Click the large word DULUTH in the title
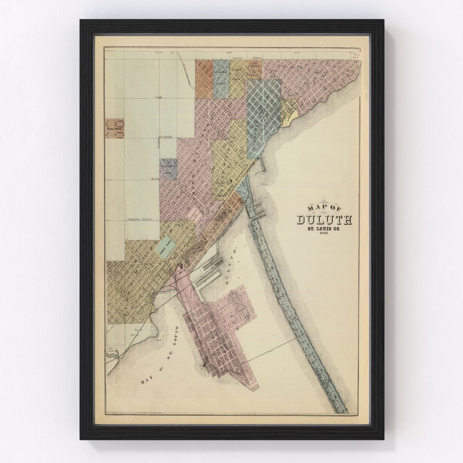click(x=325, y=219)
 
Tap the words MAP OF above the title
click(x=325, y=208)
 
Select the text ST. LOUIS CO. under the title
click(x=324, y=230)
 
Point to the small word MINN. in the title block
click(x=324, y=237)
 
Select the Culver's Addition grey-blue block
click(x=168, y=168)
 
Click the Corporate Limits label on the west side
click(x=140, y=219)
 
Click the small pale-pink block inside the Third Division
click(x=192, y=214)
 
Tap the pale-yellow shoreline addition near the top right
click(x=289, y=112)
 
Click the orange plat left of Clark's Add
click(x=204, y=79)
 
